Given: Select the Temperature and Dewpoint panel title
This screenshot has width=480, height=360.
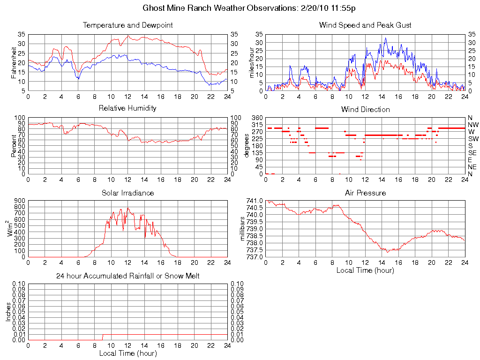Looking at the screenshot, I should coord(127,25).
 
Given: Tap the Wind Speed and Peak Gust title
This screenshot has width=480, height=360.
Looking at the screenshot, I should coord(365,25).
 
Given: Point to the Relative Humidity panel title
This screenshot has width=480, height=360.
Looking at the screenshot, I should coord(127,108).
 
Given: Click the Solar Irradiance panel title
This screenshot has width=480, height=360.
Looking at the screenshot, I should coord(127,193).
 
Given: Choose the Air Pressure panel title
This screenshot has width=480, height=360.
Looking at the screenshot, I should coord(365,193).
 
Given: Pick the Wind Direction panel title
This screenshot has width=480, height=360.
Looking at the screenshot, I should coord(365,109).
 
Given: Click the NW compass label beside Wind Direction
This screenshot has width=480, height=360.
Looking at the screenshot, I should coord(473,125).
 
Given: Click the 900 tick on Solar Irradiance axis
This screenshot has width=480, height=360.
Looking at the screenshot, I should coord(20,201).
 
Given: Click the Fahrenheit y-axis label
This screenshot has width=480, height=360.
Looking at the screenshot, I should coord(14,63).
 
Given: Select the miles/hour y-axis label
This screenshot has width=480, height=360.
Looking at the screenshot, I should coord(251,63).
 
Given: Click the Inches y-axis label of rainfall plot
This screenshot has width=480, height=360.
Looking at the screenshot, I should coord(8,312).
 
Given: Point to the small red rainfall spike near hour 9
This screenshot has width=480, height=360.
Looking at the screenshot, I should coord(103,337).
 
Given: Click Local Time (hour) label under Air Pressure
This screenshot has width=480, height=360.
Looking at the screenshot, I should coord(365,270).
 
